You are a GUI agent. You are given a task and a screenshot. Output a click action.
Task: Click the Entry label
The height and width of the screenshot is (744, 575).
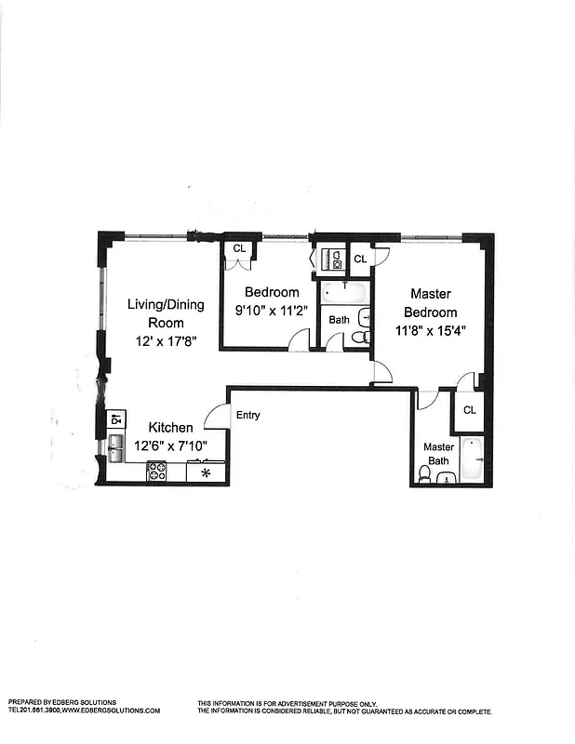click(247, 416)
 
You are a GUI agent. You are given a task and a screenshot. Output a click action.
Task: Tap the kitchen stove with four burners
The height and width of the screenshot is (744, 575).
click(156, 472)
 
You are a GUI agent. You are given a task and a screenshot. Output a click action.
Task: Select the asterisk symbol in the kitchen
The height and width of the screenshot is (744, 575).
click(206, 472)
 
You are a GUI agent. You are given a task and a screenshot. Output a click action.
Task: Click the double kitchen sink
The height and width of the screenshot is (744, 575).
click(117, 448)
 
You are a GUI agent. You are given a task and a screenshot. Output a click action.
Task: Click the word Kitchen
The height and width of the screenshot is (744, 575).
click(171, 428)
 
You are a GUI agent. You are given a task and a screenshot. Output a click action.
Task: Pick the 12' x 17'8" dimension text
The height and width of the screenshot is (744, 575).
click(165, 341)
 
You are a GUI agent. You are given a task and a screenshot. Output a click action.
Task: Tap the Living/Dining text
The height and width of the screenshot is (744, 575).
click(165, 305)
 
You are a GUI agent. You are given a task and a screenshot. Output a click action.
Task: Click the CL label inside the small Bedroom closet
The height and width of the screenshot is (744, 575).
click(239, 248)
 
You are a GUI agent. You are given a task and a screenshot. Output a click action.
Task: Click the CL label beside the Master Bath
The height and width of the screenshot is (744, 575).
click(469, 410)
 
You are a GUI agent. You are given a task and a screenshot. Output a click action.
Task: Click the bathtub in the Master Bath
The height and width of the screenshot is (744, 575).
click(471, 458)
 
